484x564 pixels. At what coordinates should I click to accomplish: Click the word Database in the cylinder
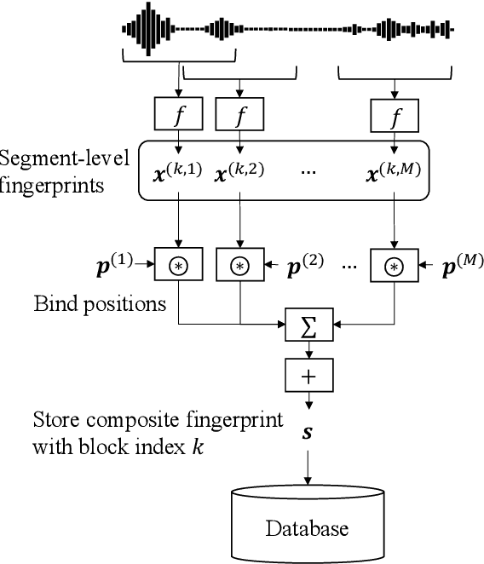tap(306, 528)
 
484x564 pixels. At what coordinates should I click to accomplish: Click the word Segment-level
tap(65, 158)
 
